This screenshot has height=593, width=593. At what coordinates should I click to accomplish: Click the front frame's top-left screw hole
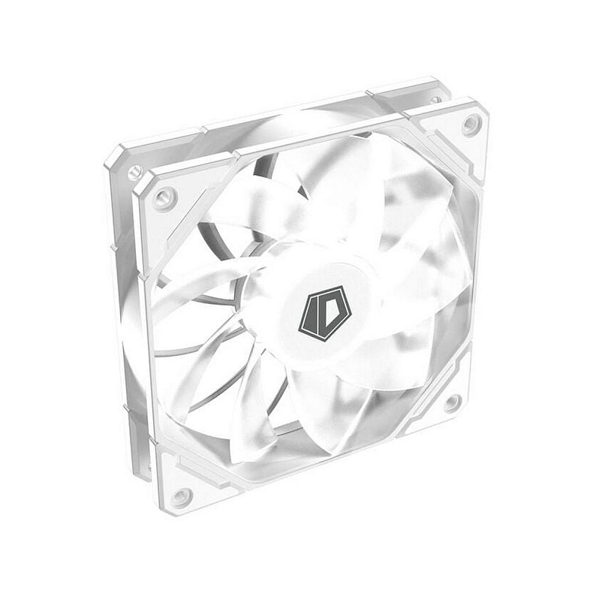[x=163, y=198]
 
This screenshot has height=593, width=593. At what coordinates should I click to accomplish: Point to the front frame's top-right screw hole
[x=471, y=125]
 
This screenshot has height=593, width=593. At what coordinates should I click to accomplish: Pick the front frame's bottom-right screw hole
[x=452, y=403]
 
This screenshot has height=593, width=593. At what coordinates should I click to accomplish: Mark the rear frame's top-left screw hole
[x=135, y=173]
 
